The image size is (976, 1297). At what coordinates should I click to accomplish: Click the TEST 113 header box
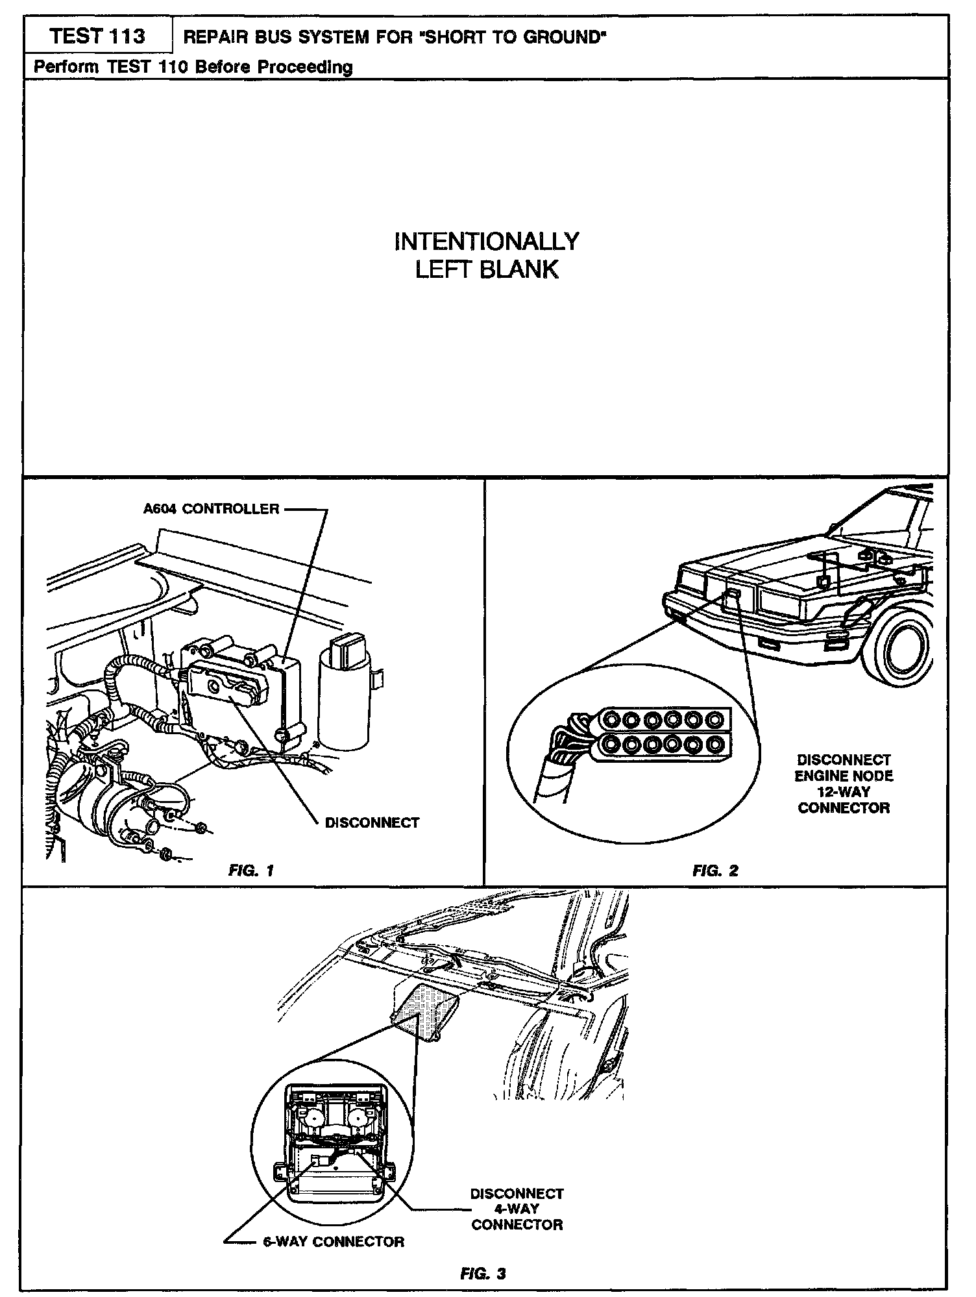pos(97,36)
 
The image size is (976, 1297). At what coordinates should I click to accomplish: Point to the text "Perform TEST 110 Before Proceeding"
pos(193,67)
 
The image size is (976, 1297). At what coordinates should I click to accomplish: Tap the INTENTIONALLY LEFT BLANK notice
pos(487,255)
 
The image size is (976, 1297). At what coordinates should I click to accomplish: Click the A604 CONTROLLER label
pos(212,509)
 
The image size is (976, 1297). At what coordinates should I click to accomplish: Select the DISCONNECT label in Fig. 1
pos(372,822)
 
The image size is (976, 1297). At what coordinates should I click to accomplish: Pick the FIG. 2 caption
pos(715,870)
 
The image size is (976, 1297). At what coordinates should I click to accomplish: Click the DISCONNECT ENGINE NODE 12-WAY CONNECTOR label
pos(844,784)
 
